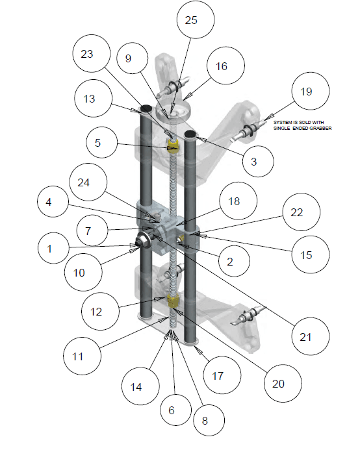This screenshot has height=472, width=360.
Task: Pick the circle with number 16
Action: point(222,66)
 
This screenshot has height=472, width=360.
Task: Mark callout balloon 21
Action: point(306,337)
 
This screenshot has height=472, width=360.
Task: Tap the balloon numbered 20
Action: point(277,383)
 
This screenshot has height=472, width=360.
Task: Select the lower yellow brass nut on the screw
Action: point(172,300)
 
